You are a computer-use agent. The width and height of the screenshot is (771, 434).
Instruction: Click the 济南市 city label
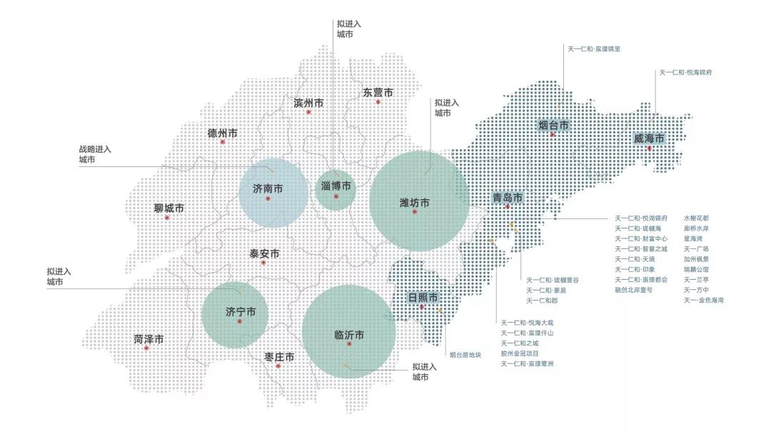click(x=268, y=189)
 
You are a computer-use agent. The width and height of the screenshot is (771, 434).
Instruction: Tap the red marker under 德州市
click(x=223, y=142)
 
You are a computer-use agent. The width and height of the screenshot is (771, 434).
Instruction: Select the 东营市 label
click(x=378, y=93)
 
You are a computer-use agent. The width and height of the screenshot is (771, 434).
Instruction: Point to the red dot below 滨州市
click(x=308, y=112)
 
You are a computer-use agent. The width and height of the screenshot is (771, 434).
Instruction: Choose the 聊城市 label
click(x=168, y=208)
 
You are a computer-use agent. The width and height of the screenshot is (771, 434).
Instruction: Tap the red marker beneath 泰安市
click(x=263, y=263)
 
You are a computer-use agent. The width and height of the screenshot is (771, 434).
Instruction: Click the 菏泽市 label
click(x=148, y=339)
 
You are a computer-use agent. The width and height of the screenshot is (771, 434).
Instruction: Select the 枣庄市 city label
click(x=279, y=356)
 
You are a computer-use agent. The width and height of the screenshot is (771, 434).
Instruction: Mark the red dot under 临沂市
click(x=349, y=344)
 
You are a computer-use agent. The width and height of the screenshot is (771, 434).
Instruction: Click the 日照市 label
click(x=423, y=297)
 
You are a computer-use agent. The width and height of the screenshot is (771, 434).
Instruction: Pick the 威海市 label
click(x=649, y=138)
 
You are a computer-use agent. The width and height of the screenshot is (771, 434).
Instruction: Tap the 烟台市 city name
click(x=553, y=126)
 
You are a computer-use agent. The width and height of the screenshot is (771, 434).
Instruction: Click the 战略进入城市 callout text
click(x=95, y=155)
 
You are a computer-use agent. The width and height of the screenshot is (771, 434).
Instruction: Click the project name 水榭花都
click(x=697, y=218)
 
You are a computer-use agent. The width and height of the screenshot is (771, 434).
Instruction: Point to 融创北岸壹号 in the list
click(x=633, y=290)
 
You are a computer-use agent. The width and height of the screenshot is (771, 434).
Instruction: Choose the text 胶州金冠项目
click(x=520, y=353)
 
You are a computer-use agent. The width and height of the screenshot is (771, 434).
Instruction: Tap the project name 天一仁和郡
click(x=543, y=301)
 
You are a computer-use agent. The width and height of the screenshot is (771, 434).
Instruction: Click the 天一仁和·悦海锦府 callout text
click(x=685, y=73)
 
